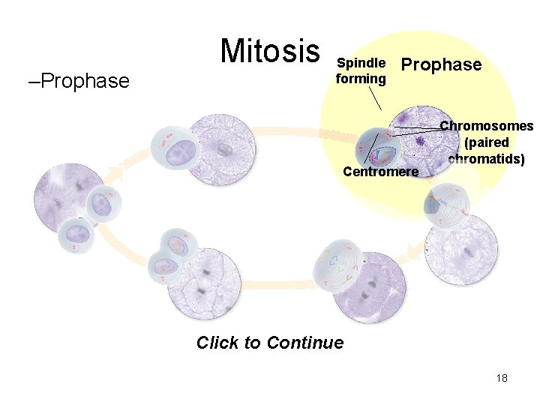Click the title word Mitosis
269,51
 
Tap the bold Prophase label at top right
442,64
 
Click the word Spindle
361,63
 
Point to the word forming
361,78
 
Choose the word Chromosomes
486,126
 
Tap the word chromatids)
486,158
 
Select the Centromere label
380,172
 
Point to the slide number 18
502,378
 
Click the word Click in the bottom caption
217,343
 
